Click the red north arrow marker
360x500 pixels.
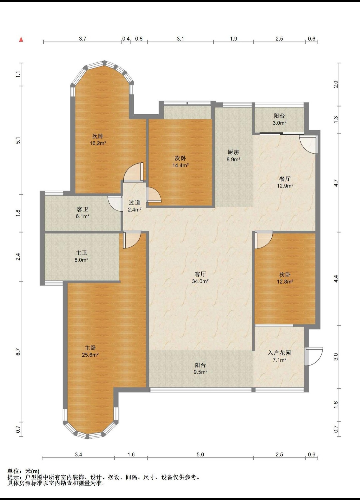(21, 40)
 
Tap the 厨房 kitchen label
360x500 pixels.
(233, 152)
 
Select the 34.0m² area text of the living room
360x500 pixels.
(200, 281)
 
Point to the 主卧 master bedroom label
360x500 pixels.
(90, 348)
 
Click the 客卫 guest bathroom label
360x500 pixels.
(82, 209)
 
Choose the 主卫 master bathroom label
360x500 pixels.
(81, 253)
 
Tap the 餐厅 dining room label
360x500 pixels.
(285, 179)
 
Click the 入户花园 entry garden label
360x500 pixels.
(279, 353)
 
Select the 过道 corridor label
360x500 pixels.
(134, 203)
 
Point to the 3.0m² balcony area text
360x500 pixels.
(279, 123)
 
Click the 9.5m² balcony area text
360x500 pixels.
(200, 372)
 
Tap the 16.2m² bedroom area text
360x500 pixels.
(98, 143)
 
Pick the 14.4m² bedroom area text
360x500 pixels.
(180, 165)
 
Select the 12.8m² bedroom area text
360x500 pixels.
(285, 282)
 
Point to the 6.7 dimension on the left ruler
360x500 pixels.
(18, 352)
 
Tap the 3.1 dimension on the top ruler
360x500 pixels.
(180, 39)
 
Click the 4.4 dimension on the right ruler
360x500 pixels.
(336, 278)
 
